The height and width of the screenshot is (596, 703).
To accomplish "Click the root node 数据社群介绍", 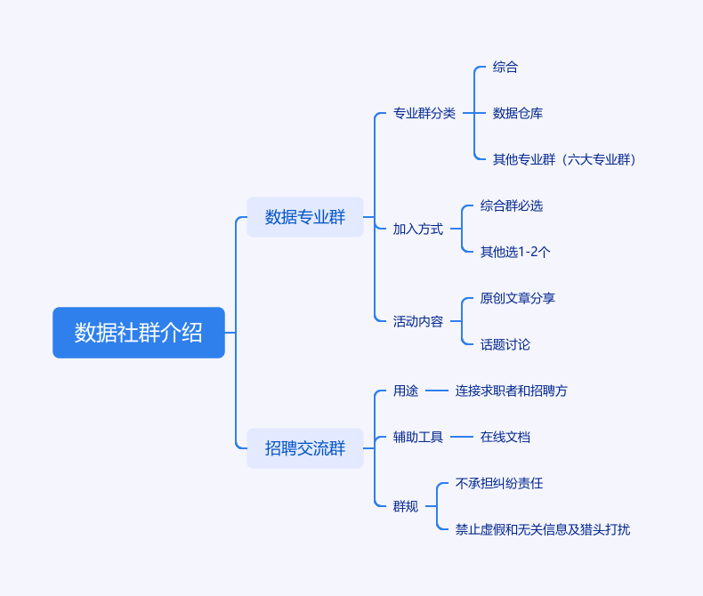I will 139,333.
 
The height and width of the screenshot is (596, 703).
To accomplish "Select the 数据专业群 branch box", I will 305,217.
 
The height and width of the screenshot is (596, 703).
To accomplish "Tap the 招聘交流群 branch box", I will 305,448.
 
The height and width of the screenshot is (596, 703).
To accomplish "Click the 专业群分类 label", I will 424,114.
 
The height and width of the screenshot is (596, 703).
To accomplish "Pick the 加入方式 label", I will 418,230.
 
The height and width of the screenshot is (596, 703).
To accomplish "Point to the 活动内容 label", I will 418,322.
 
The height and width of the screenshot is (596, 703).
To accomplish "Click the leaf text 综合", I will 505,68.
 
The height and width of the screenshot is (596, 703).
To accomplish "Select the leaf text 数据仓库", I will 518,114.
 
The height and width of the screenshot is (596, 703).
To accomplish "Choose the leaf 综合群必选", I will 512,206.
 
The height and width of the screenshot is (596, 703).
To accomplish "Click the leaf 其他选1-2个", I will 515,253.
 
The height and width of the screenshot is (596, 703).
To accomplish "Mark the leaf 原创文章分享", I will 518,299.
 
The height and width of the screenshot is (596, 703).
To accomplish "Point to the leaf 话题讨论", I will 505,345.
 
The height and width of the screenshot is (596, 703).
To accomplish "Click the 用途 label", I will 406,391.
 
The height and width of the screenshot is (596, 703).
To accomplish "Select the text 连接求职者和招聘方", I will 512,391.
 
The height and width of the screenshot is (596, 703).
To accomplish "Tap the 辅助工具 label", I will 418,438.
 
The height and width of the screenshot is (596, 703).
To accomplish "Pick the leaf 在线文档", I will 505,438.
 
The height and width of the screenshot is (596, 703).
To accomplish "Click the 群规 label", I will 406,507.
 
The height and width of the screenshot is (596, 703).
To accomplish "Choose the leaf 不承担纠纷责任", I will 499,484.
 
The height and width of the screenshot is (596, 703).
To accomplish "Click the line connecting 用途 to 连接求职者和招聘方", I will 436,391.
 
